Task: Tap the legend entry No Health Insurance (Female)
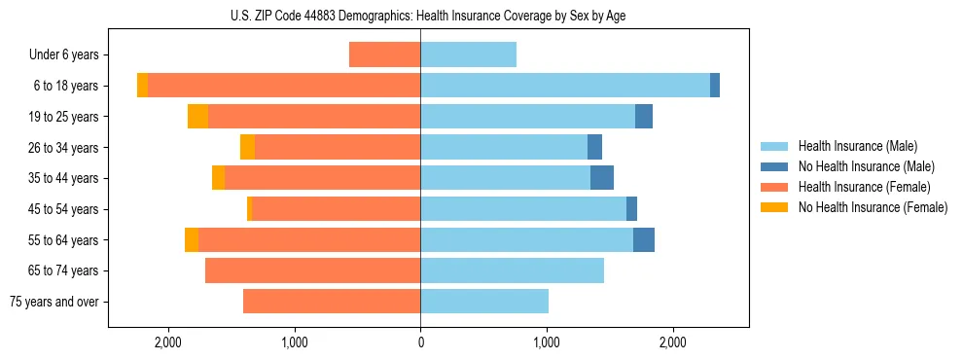[873, 207]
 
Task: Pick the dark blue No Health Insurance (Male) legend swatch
[774, 166]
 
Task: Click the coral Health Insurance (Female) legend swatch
[774, 187]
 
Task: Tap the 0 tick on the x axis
[420, 342]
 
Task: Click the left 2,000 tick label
[168, 342]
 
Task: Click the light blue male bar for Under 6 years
[468, 55]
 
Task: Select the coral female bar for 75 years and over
[332, 302]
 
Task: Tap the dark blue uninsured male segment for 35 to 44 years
[602, 178]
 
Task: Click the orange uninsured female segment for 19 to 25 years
[197, 117]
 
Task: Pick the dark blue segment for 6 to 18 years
[715, 86]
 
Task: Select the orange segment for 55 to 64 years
[192, 240]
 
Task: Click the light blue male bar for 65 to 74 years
[512, 270]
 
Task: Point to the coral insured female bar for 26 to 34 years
[338, 147]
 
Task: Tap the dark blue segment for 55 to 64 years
[644, 240]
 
